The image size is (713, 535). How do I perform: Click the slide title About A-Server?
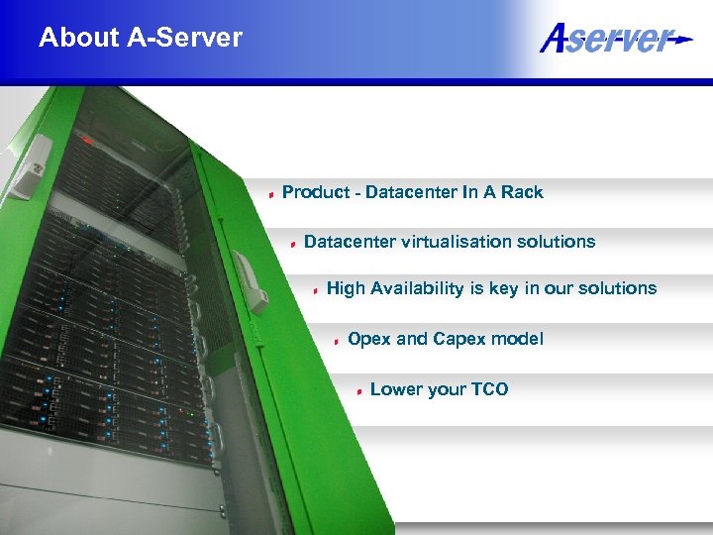click(x=141, y=38)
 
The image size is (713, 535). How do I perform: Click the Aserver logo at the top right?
click(x=614, y=39)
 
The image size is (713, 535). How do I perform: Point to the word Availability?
click(x=417, y=288)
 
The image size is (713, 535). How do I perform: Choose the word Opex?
click(x=369, y=339)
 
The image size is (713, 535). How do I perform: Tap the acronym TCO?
click(x=489, y=389)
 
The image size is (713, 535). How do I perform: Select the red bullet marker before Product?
click(x=272, y=194)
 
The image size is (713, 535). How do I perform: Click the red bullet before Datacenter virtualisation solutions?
click(x=294, y=243)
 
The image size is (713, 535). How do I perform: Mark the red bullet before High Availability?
click(x=316, y=290)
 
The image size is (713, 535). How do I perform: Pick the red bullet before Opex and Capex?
click(x=338, y=341)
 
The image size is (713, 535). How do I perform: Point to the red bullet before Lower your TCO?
click(x=359, y=391)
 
